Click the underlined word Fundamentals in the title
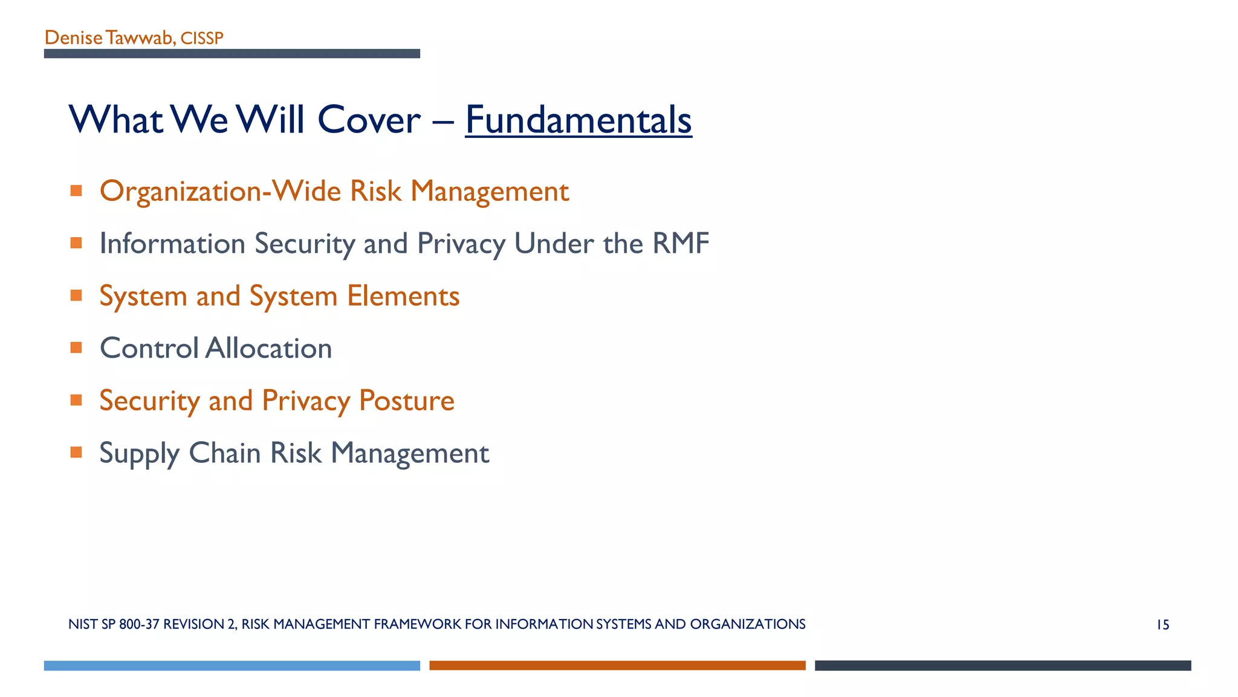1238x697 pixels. coord(578,120)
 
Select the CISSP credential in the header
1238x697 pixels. coord(202,39)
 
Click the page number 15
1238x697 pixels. coord(1162,625)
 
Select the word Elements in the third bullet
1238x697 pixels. coord(403,296)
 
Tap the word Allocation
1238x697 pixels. coord(268,348)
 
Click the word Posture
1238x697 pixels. coord(406,401)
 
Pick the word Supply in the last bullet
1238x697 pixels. coord(139,454)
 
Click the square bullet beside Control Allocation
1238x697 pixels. coord(76,347)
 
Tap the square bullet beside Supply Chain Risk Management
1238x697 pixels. coord(76,452)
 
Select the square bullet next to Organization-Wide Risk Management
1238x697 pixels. coord(76,191)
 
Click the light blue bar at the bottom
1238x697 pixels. coord(232,666)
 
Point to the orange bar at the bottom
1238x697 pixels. coord(617,666)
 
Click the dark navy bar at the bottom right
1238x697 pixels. coord(1002,666)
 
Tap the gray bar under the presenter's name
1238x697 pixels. coord(232,54)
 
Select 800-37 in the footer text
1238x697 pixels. coord(139,624)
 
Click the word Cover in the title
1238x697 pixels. coord(369,120)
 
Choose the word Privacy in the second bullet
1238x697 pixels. coord(461,244)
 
